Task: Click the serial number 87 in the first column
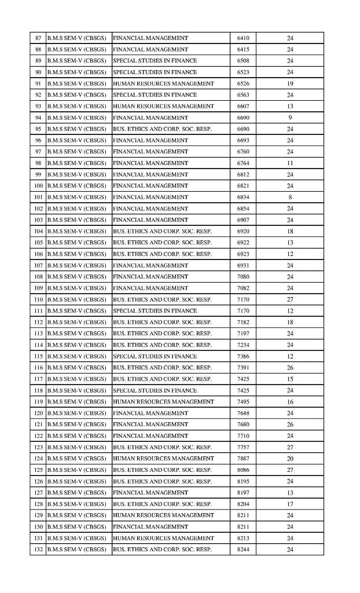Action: [38, 38]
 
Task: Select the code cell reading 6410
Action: [243, 38]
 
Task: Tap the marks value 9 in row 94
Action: [290, 118]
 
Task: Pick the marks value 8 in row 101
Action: [290, 197]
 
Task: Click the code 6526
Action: [243, 83]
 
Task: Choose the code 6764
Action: [243, 163]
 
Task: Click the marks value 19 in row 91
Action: [290, 83]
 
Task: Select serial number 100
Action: [38, 186]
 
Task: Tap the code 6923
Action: [243, 254]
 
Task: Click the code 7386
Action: [243, 356]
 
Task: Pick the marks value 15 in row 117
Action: [290, 379]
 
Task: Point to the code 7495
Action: [243, 401]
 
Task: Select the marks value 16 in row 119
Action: [290, 401]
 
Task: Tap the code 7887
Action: [243, 458]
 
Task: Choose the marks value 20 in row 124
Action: [290, 458]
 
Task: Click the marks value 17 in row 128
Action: [290, 504]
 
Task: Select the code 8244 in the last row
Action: [243, 549]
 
